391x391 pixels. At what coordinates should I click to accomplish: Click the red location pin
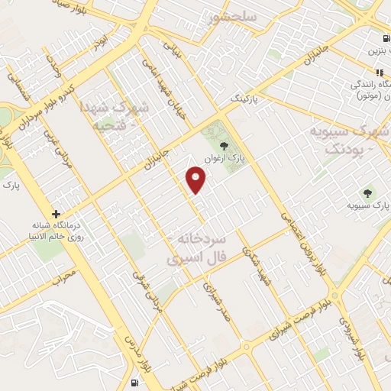pyautogui.click(x=196, y=179)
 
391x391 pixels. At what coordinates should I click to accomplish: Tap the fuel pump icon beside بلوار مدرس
pyautogui.click(x=135, y=381)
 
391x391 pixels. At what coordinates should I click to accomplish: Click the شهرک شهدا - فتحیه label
pyautogui.click(x=134, y=114)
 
